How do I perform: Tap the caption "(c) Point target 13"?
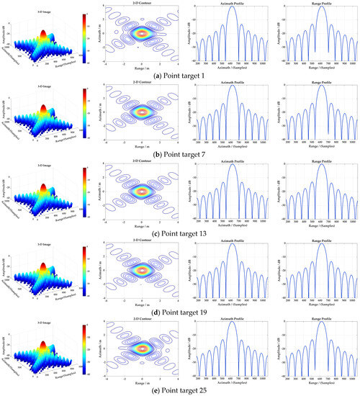coord(179,233)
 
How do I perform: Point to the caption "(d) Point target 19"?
coord(179,311)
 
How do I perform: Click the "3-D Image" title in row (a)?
coord(41,8)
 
